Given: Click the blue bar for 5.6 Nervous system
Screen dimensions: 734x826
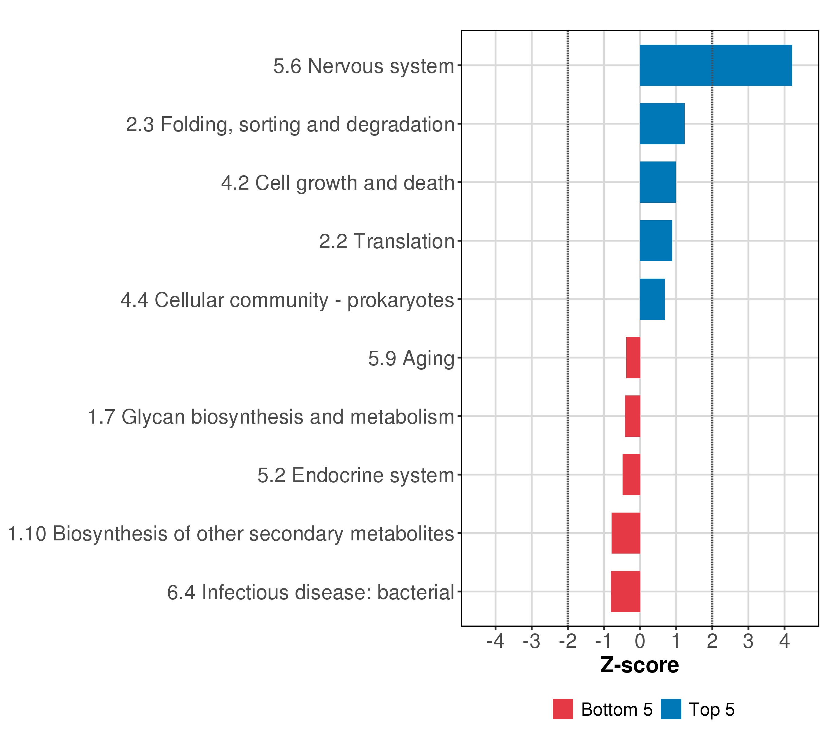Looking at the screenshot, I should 716,65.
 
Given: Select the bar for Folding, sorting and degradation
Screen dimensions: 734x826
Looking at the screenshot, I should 662,124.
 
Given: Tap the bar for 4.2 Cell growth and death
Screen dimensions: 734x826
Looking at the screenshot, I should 657,182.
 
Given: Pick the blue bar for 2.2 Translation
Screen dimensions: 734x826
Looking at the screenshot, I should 656,241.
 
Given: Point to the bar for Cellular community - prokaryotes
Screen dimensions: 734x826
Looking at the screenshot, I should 652,299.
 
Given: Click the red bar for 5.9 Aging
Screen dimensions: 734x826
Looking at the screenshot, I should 633,358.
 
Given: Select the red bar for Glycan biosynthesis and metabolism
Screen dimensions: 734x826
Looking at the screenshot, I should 632,416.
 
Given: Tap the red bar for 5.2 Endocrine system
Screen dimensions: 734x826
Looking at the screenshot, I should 631,475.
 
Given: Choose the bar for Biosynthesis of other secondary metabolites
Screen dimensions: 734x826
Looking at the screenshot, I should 626,533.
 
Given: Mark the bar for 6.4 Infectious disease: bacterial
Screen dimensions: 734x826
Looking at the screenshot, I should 626,591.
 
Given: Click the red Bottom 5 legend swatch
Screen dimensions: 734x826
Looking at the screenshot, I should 563,709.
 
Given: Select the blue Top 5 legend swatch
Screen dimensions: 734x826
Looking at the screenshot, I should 671,709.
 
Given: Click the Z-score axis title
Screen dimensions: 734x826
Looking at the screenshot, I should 640,665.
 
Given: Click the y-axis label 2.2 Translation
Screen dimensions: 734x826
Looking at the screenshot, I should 387,242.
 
